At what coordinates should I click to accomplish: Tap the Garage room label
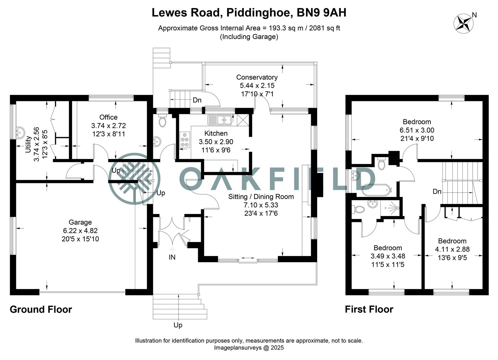[80, 222]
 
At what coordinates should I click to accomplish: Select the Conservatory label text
[256, 77]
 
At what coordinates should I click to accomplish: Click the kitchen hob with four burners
[185, 140]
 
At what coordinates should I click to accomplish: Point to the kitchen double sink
[220, 119]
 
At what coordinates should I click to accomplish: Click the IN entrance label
[172, 257]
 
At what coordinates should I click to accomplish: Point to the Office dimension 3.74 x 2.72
[108, 126]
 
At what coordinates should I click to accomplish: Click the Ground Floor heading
[41, 310]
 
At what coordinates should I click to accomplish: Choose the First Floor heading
[369, 310]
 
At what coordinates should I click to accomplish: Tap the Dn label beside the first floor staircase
[437, 192]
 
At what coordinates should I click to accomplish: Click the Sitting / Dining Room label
[261, 197]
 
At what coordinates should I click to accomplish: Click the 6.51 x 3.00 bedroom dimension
[417, 130]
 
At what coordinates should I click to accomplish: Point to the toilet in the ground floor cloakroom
[163, 121]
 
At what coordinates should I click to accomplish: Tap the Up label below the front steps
[178, 325]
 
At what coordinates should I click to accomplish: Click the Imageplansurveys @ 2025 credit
[249, 348]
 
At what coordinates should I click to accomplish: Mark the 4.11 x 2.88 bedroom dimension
[452, 249]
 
